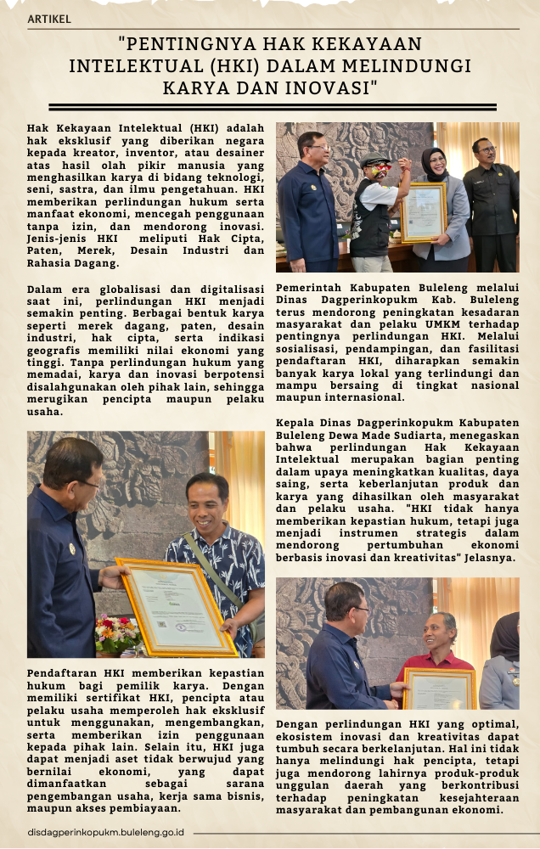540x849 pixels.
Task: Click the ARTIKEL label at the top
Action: tap(49, 19)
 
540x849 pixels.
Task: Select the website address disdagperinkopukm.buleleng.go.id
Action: tap(106, 833)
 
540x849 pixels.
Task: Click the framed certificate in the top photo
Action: tap(424, 213)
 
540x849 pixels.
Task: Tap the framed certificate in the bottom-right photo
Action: tap(439, 688)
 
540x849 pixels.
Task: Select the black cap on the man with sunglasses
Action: tap(374, 159)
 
